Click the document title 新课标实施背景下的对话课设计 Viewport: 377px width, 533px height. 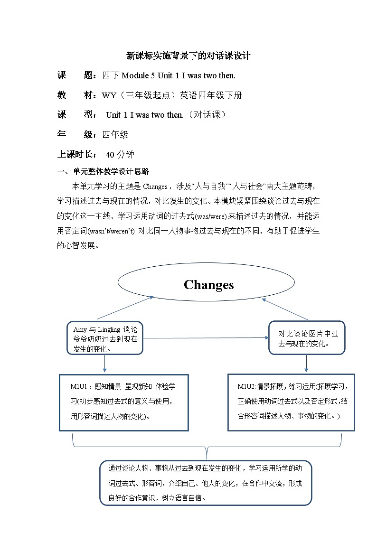188,56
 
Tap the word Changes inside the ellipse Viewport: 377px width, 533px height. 208,285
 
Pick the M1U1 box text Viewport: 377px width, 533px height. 123,402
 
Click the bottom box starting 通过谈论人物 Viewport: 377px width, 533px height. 206,483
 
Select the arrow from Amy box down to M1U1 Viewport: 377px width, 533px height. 104,364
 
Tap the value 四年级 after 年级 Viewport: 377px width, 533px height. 115,135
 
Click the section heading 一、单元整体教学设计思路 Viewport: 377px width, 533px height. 104,172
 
